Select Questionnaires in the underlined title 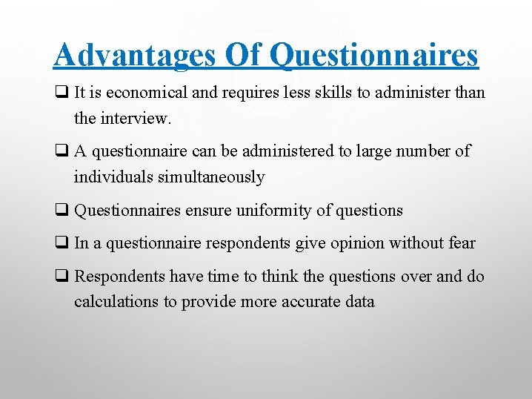pos(374,56)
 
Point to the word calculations pos(116,302)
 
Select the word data pos(360,302)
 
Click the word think pos(282,277)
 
